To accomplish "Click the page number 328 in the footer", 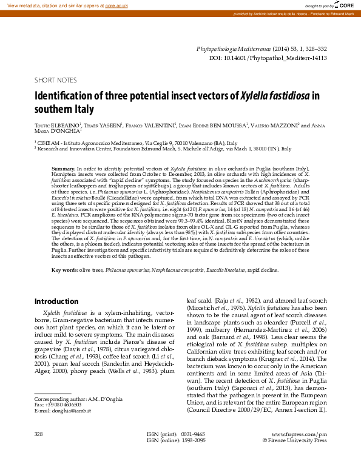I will (x=39, y=434).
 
